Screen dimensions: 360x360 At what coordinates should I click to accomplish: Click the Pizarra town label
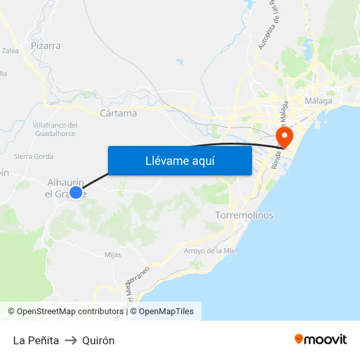point(46,46)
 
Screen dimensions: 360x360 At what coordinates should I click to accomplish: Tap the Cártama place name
point(118,113)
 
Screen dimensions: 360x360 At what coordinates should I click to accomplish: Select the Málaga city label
point(319,101)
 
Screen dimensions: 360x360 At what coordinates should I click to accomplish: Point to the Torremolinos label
point(244,215)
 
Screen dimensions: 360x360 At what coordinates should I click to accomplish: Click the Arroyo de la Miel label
point(210,251)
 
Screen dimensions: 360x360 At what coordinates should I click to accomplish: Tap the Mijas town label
point(113,255)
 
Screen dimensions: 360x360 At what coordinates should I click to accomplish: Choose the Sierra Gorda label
point(33,156)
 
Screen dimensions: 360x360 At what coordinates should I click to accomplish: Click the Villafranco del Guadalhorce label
point(55,129)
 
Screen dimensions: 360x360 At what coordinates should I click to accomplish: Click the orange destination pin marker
point(285,136)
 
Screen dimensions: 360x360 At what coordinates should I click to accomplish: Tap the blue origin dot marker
point(76,192)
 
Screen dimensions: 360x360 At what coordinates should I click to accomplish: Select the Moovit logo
point(321,340)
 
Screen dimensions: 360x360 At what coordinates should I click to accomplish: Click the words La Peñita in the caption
point(36,340)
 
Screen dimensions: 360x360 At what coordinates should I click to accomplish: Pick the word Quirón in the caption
point(98,340)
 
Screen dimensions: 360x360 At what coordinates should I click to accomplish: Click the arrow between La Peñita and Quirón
point(71,340)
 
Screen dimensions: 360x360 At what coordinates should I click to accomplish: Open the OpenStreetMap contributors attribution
point(70,312)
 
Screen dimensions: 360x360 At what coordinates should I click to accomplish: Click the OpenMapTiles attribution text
point(166,312)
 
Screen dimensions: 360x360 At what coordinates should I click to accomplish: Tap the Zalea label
point(10,50)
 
